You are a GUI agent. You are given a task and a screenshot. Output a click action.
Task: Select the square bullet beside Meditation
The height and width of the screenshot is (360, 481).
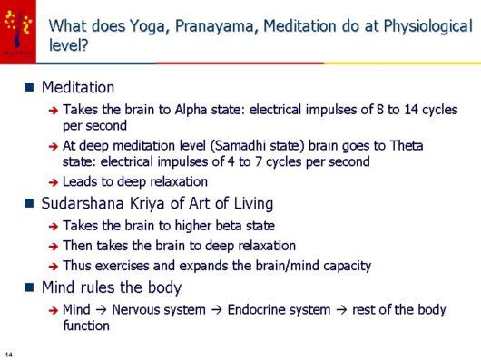30,88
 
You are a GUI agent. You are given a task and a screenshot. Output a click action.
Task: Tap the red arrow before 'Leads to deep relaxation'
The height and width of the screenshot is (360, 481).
54,181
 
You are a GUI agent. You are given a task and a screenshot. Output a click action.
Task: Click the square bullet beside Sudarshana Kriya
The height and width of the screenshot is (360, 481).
30,202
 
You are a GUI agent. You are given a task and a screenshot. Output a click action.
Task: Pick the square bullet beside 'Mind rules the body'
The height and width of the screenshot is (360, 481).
30,288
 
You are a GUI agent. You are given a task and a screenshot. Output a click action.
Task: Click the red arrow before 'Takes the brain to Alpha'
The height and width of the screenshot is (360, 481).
54,111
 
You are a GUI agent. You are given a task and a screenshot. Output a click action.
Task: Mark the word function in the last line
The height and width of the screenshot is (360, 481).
86,326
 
